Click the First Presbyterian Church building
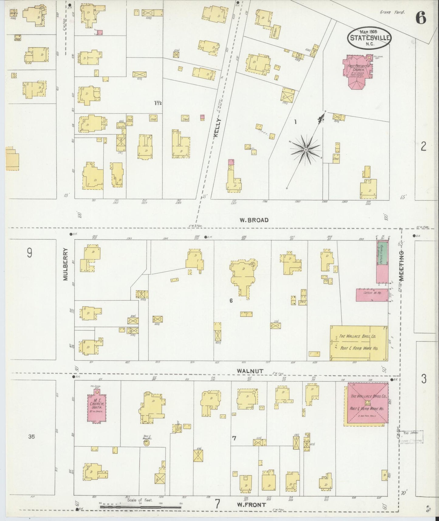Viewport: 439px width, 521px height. coord(358,71)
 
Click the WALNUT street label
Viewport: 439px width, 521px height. coord(250,371)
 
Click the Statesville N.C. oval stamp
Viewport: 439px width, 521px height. coord(369,38)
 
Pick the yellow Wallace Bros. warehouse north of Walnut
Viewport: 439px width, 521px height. coord(358,343)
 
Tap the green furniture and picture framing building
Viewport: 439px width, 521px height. coord(382,253)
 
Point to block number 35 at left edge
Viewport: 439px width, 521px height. coord(32,437)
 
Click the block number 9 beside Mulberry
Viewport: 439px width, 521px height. coord(29,253)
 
